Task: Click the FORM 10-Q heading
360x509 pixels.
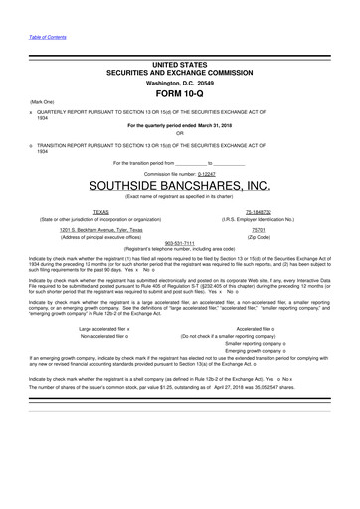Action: coord(179,95)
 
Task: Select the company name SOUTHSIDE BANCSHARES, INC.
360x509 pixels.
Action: coord(179,185)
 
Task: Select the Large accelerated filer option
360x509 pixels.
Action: coord(105,328)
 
